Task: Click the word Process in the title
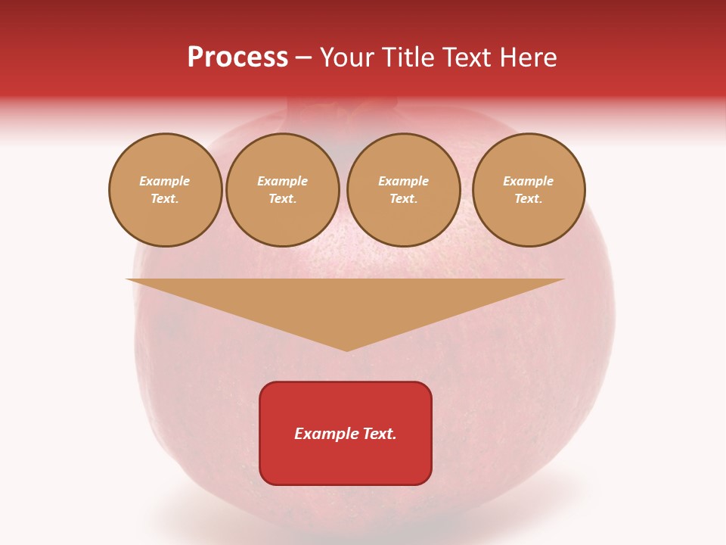click(237, 58)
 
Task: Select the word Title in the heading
click(408, 58)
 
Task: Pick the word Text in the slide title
click(466, 58)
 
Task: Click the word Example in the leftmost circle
click(165, 181)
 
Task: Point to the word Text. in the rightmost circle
click(529, 198)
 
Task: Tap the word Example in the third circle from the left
click(403, 181)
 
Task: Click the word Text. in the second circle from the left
click(282, 198)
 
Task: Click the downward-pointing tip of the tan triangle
click(346, 349)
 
